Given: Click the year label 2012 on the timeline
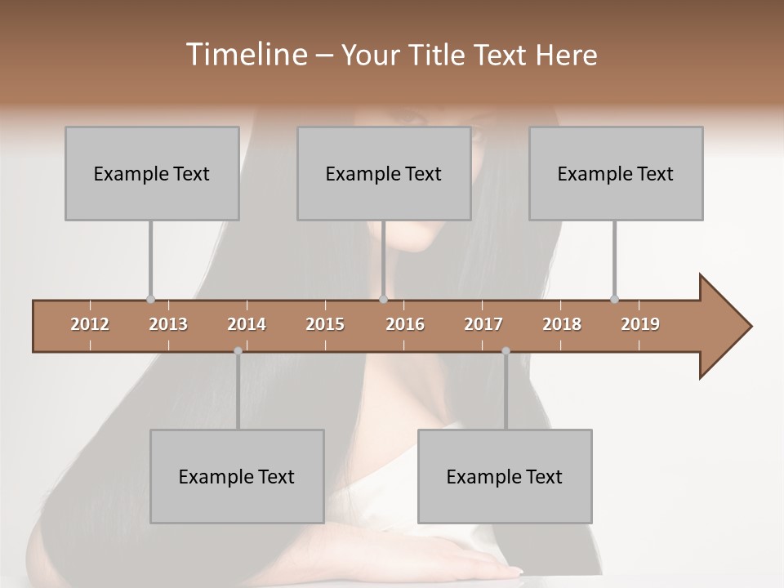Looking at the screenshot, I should tap(90, 324).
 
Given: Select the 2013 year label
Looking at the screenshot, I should tap(168, 324).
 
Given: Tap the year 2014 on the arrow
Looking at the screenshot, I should tap(247, 324).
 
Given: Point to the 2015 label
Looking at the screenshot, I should tap(325, 324).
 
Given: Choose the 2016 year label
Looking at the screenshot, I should tap(405, 324).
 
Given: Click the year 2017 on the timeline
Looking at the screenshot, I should tap(483, 324).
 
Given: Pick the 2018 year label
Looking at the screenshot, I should tap(562, 324).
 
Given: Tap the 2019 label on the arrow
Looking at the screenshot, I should tap(640, 324).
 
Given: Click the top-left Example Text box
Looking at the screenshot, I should tap(152, 173).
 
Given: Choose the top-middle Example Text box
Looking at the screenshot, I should tap(384, 173).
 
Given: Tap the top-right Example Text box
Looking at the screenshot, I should tap(616, 173).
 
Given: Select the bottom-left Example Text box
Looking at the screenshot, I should tap(237, 476).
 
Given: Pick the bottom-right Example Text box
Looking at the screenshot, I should tap(505, 476).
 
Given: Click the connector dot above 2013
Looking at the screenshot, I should tap(150, 299).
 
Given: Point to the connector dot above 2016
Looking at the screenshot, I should tap(383, 299).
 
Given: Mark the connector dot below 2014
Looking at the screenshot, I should tap(238, 351).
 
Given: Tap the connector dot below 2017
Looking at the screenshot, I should tap(506, 351).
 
